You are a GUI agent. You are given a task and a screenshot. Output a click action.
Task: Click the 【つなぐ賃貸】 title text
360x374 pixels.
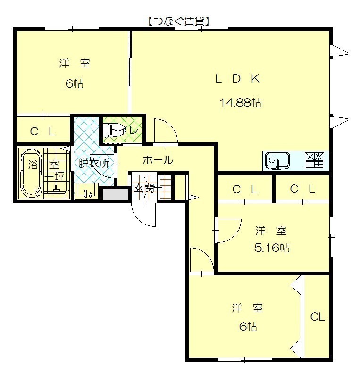click(179, 22)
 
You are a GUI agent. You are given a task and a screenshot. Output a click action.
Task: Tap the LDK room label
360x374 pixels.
click(237, 78)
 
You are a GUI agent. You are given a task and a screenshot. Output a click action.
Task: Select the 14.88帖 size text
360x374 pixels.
click(240, 102)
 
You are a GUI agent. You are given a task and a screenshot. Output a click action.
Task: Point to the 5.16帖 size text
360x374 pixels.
click(272, 248)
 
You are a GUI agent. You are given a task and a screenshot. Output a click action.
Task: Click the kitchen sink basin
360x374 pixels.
click(277, 160)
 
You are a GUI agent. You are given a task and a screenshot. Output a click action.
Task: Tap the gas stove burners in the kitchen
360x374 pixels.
click(314, 160)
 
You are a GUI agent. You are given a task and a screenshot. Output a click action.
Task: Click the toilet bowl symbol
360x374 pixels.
click(114, 130)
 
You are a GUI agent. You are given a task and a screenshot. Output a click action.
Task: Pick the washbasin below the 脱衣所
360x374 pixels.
click(86, 191)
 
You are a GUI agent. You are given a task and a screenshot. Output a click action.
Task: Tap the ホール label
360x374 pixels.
click(158, 160)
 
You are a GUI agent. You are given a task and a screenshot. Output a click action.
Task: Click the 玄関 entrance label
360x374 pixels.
click(143, 189)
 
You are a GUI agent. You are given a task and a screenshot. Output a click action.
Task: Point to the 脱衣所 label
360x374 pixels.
click(94, 163)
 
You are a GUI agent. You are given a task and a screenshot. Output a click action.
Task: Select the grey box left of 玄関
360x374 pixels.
click(116, 194)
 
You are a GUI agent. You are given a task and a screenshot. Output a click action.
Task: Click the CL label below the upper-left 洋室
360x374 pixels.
click(43, 131)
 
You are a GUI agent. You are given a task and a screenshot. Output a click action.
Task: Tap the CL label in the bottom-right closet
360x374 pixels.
click(318, 317)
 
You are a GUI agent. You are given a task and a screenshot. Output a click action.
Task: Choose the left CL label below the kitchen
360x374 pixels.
click(245, 190)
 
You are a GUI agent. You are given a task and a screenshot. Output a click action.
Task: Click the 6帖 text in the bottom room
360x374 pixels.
click(248, 326)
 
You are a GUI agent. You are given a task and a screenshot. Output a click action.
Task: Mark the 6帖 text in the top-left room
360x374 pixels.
click(74, 83)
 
